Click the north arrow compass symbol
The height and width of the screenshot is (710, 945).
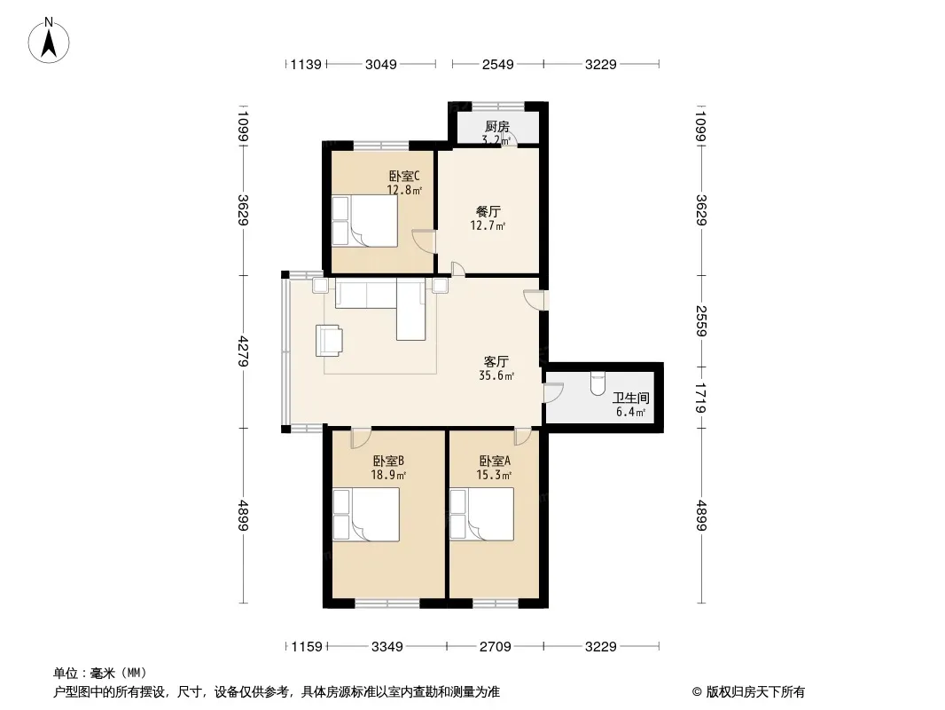click(x=49, y=41)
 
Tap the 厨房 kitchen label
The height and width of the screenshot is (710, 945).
click(x=497, y=127)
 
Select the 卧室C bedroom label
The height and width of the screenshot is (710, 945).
click(x=403, y=176)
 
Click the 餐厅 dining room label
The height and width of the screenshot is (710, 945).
click(x=488, y=212)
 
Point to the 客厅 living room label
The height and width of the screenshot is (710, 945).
click(x=496, y=361)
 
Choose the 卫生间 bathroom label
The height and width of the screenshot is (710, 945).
click(x=631, y=398)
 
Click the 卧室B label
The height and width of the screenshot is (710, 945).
click(x=388, y=461)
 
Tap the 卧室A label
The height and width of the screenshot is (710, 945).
click(x=495, y=461)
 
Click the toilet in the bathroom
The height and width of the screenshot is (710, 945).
click(x=597, y=383)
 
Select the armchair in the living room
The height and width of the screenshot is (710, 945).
click(x=329, y=341)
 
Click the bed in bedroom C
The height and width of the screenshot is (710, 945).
click(x=364, y=221)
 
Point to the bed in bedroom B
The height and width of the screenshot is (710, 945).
click(x=366, y=515)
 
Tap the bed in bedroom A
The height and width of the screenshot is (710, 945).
click(x=481, y=514)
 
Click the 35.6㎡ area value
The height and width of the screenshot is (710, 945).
click(x=496, y=375)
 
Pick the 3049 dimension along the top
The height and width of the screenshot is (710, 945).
click(x=381, y=64)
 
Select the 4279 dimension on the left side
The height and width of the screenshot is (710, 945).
click(x=244, y=351)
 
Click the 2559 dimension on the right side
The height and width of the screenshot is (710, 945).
click(x=701, y=321)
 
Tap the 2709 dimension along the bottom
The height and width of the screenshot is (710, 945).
click(x=496, y=647)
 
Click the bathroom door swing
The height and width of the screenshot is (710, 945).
click(x=553, y=392)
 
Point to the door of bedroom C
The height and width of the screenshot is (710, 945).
click(x=424, y=241)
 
